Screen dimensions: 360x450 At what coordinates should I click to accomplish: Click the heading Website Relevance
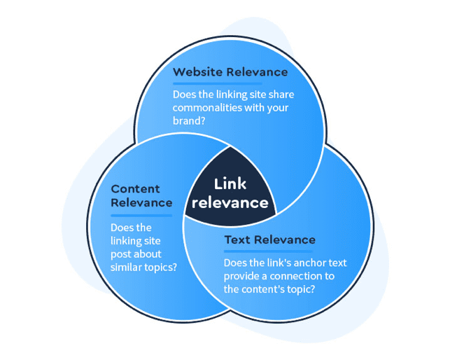click(x=230, y=71)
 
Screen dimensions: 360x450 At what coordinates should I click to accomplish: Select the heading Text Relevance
click(x=269, y=240)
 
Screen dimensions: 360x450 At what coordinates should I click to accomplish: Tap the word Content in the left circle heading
click(x=135, y=189)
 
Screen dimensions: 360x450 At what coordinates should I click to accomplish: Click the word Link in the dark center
click(x=230, y=184)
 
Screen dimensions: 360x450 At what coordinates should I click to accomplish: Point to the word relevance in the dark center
click(x=230, y=203)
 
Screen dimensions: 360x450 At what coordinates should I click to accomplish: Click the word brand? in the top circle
click(x=189, y=120)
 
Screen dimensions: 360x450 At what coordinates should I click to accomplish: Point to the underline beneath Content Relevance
click(x=141, y=216)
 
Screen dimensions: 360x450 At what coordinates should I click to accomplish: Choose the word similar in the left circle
click(x=125, y=267)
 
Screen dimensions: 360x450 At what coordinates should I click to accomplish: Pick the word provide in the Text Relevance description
click(x=241, y=276)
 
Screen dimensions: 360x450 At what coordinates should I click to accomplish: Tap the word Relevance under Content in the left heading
click(x=141, y=203)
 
